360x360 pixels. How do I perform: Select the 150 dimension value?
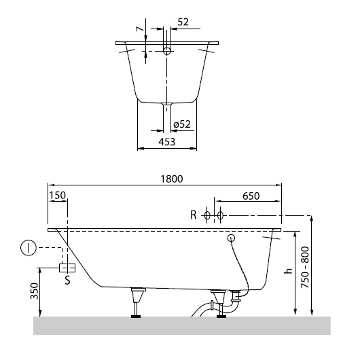coord(58,195)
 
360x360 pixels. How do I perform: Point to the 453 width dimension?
coord(167,141)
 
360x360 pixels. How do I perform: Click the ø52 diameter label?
coord(182,124)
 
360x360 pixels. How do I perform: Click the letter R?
coord(194,215)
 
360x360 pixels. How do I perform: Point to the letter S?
coord(66,278)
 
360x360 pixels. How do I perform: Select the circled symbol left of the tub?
coord(27,248)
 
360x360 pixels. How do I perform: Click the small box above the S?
coord(66,266)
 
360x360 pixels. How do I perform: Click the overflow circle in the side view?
coord(231,238)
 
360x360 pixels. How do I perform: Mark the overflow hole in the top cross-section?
coord(167,50)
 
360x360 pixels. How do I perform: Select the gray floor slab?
coord(181,325)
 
